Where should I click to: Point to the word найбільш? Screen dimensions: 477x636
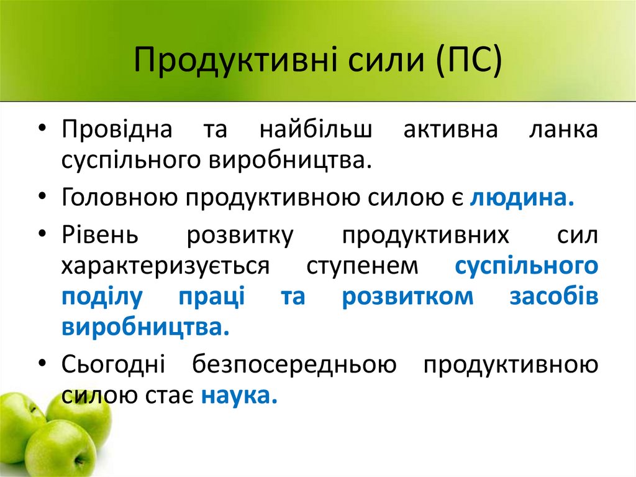click(316, 131)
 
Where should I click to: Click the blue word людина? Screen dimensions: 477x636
click(521, 198)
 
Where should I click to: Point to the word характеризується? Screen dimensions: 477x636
click(165, 266)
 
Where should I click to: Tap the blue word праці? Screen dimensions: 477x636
click(211, 297)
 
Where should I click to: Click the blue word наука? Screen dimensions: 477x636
click(238, 395)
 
